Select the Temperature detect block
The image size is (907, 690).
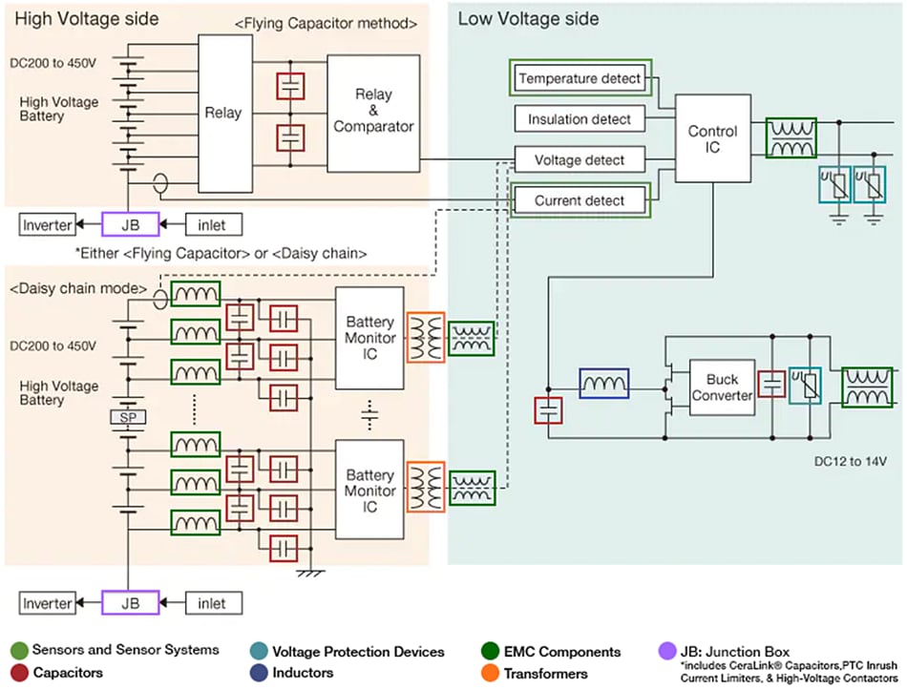(580, 78)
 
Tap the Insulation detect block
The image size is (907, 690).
(580, 119)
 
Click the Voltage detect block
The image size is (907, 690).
(580, 159)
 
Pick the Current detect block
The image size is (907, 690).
(580, 200)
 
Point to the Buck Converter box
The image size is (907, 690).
(722, 387)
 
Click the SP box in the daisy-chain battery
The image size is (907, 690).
(126, 418)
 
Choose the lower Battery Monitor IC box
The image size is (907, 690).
(370, 490)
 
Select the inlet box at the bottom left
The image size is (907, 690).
(212, 603)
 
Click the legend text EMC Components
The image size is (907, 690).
(563, 652)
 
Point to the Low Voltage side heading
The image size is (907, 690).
(528, 18)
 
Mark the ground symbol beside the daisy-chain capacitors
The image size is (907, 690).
(309, 573)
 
